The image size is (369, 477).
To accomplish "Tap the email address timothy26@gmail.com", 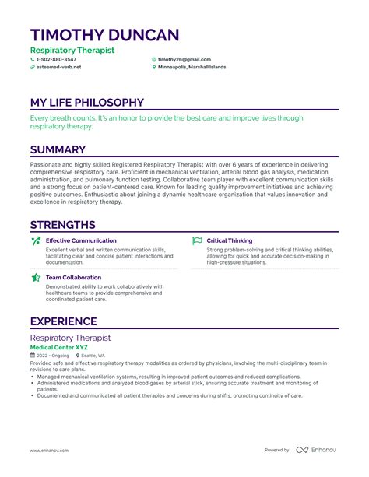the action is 184,59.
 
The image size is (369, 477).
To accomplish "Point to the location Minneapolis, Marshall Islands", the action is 192,67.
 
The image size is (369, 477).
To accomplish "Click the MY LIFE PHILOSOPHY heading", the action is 86,102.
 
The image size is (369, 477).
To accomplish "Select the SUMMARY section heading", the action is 58,149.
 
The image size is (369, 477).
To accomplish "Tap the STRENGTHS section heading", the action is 62,225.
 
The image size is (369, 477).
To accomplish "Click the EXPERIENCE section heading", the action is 63,321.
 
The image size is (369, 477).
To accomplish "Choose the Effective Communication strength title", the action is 81,240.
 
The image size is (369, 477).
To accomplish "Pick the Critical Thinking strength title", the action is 230,240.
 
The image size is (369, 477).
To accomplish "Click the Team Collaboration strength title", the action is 73,277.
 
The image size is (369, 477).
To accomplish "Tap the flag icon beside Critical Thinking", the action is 197,241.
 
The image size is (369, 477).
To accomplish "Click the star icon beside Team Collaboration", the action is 36,277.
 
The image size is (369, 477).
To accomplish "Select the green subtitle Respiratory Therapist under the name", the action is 72,50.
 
